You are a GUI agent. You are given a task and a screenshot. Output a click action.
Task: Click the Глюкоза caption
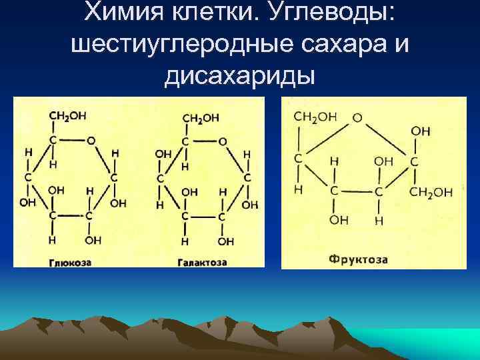pos(70,262)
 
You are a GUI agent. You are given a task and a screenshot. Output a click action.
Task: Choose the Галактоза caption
pos(202,262)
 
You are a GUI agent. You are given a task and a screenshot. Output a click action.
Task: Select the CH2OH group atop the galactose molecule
pos(201,118)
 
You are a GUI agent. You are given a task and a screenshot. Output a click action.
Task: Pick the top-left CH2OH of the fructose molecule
pos(315,117)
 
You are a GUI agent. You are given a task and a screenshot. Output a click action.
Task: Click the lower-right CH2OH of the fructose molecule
pos(431,192)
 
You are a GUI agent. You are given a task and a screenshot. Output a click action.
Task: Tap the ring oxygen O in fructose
pos(357,117)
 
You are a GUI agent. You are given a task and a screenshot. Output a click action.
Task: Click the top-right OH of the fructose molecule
pos(421,131)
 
